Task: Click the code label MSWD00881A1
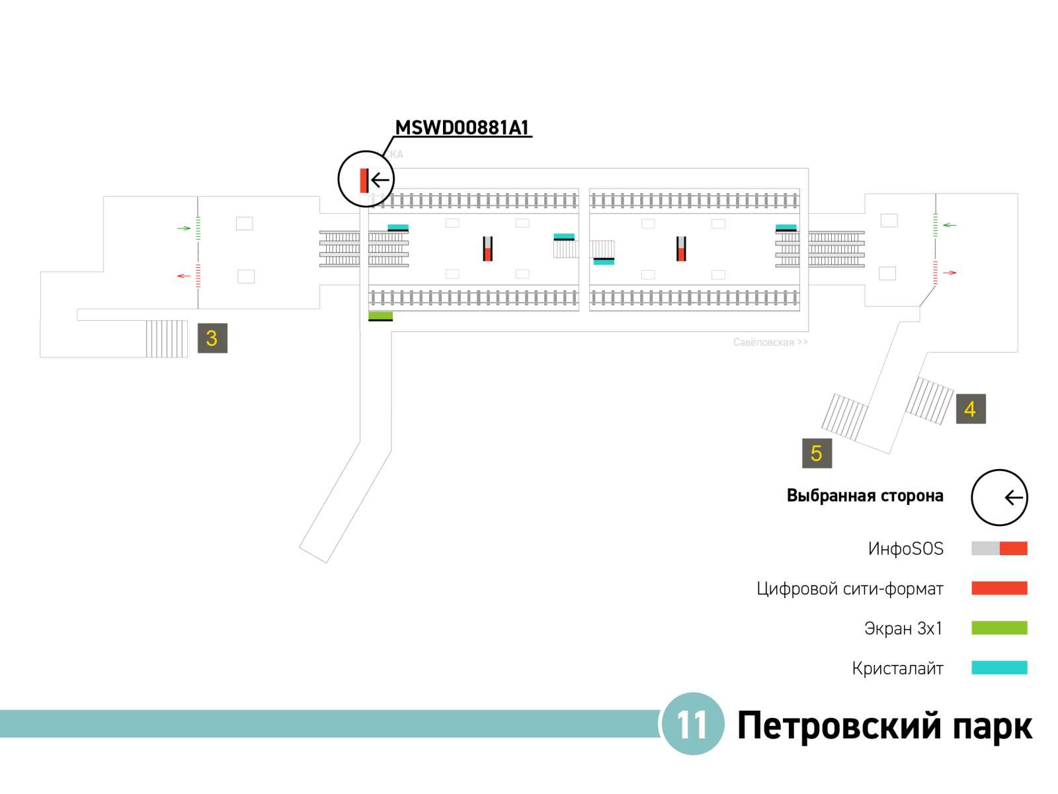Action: (462, 127)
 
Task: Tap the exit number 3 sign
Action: (212, 338)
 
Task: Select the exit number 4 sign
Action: (970, 409)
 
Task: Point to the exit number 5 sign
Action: (817, 453)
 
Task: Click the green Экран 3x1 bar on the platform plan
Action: (380, 316)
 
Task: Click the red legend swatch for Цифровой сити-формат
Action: (998, 588)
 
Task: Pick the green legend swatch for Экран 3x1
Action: (998, 628)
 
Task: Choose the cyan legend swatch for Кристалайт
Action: (998, 668)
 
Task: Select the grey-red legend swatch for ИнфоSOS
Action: (998, 549)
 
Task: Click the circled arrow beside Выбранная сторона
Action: (999, 498)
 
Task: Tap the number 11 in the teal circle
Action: (692, 725)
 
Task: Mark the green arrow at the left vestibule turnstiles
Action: (184, 228)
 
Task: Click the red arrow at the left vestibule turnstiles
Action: (183, 275)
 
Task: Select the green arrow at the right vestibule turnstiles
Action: (950, 225)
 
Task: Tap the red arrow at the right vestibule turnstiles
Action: (950, 273)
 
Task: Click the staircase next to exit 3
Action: (167, 339)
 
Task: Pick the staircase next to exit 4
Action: (929, 400)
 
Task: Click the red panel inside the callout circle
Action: (364, 180)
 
